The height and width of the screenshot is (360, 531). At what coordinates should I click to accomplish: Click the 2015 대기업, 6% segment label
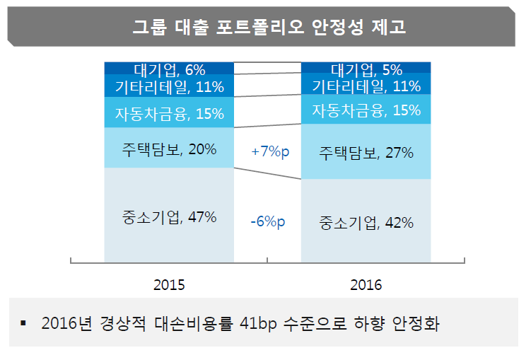(169, 69)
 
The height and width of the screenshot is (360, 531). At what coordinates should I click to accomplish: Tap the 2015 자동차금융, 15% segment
(169, 113)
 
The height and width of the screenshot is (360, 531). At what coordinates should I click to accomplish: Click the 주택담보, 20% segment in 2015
(169, 149)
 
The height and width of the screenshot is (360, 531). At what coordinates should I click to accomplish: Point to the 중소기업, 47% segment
(169, 217)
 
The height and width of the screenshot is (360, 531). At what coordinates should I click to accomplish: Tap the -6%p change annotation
(267, 222)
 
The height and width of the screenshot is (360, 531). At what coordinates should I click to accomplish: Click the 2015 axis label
(169, 285)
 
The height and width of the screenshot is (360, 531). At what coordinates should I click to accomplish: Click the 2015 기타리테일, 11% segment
(169, 88)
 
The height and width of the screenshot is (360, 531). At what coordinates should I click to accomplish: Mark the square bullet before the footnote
(23, 324)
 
